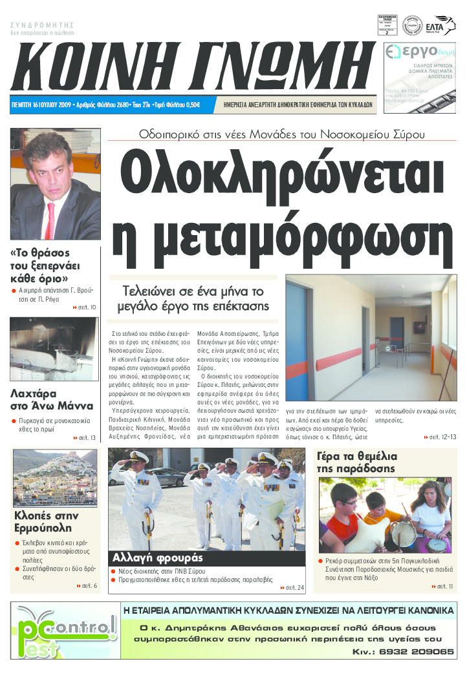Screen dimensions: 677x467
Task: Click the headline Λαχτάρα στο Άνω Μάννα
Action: (39, 401)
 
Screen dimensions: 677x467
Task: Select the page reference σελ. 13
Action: (85, 438)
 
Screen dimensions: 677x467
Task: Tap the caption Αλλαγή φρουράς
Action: (158, 557)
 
